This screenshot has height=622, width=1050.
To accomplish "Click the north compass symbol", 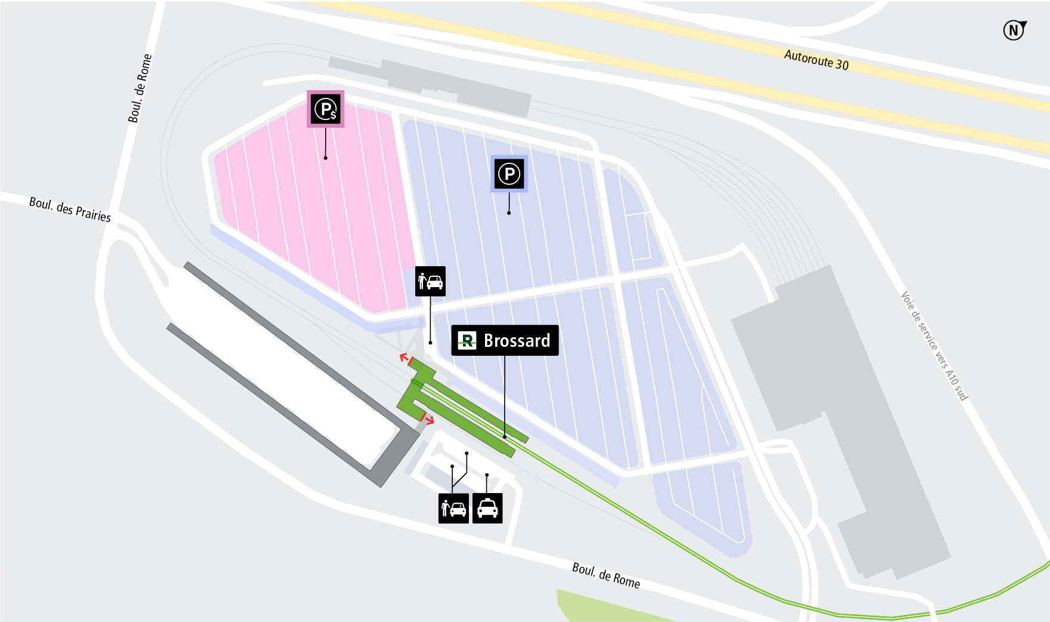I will (1014, 30).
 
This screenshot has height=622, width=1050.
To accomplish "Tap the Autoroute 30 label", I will (816, 60).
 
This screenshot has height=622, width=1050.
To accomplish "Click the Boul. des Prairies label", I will (70, 210).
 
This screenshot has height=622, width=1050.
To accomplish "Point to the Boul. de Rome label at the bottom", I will (606, 575).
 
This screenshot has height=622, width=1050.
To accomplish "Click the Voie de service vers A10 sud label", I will (934, 346).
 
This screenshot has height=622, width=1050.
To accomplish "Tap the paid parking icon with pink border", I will (326, 109).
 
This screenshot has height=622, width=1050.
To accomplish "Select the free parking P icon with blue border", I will (509, 174).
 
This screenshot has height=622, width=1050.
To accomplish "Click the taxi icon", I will (487, 508).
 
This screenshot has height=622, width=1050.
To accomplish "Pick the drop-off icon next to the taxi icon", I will (453, 508).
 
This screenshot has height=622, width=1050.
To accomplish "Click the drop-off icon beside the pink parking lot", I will (430, 281).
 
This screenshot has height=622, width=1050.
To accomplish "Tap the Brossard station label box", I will (505, 340).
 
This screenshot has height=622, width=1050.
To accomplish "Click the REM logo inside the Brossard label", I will (467, 340).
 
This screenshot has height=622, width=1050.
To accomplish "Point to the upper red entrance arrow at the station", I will (406, 359).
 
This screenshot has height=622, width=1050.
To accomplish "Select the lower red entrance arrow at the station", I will (427, 419).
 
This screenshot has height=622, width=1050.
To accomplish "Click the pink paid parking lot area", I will (316, 203).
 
